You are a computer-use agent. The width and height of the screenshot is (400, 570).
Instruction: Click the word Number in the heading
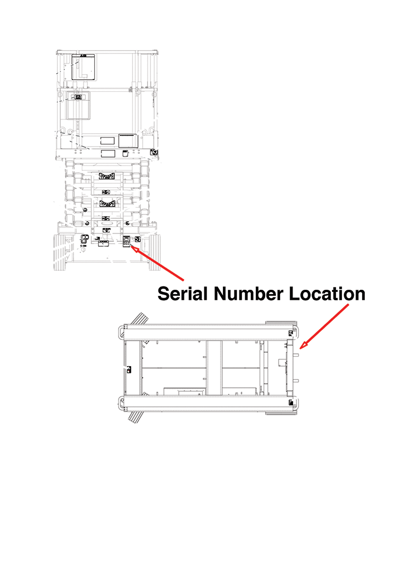pos(248,293)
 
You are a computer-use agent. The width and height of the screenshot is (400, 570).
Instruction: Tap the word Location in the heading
pos(327,293)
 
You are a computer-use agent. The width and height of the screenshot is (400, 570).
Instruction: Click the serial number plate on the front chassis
pos(126,240)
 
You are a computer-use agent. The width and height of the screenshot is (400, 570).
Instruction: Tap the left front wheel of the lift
pos(60,252)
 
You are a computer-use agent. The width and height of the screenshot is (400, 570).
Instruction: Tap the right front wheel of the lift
pos(154,252)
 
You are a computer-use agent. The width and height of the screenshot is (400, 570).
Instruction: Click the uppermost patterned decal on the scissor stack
pos(106,177)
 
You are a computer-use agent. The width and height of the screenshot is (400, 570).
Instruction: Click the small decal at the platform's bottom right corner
pos(154,152)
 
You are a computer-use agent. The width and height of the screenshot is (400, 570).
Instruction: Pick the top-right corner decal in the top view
pos(290,333)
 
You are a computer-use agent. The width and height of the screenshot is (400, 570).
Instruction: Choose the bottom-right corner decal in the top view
pos(290,402)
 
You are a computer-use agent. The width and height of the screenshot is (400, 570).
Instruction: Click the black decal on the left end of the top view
pos(129,368)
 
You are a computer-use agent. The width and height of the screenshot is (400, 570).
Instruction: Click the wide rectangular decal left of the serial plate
pos(103,243)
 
